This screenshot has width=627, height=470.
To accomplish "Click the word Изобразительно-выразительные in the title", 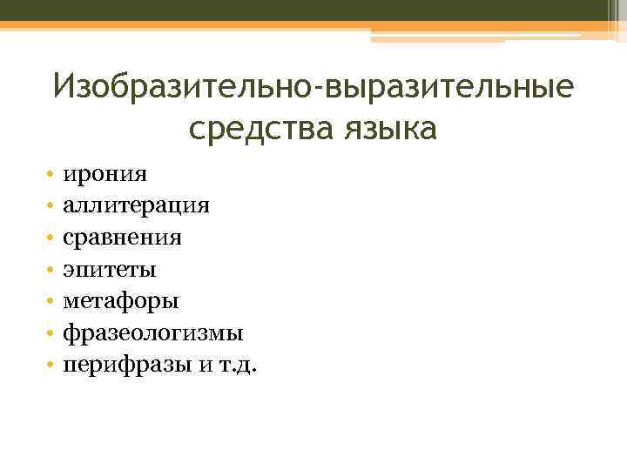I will (x=313, y=89).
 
